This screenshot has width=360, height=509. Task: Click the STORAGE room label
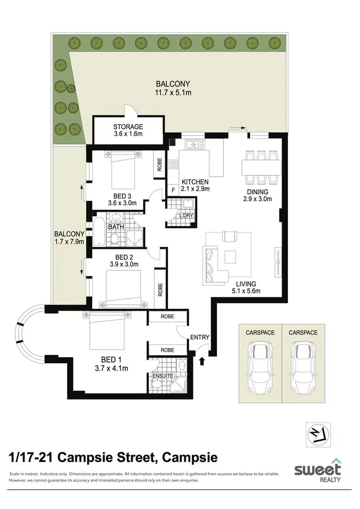pyautogui.click(x=128, y=127)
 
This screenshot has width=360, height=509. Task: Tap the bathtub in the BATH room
pyautogui.click(x=98, y=232)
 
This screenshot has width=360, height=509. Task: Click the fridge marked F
pyautogui.click(x=173, y=191)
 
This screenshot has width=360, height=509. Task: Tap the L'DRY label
pyautogui.click(x=186, y=216)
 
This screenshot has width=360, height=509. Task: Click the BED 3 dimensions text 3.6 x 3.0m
pyautogui.click(x=122, y=203)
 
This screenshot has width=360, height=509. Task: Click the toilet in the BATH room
pyautogui.click(x=115, y=238)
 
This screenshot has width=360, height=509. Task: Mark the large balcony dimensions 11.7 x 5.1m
pyautogui.click(x=172, y=93)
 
